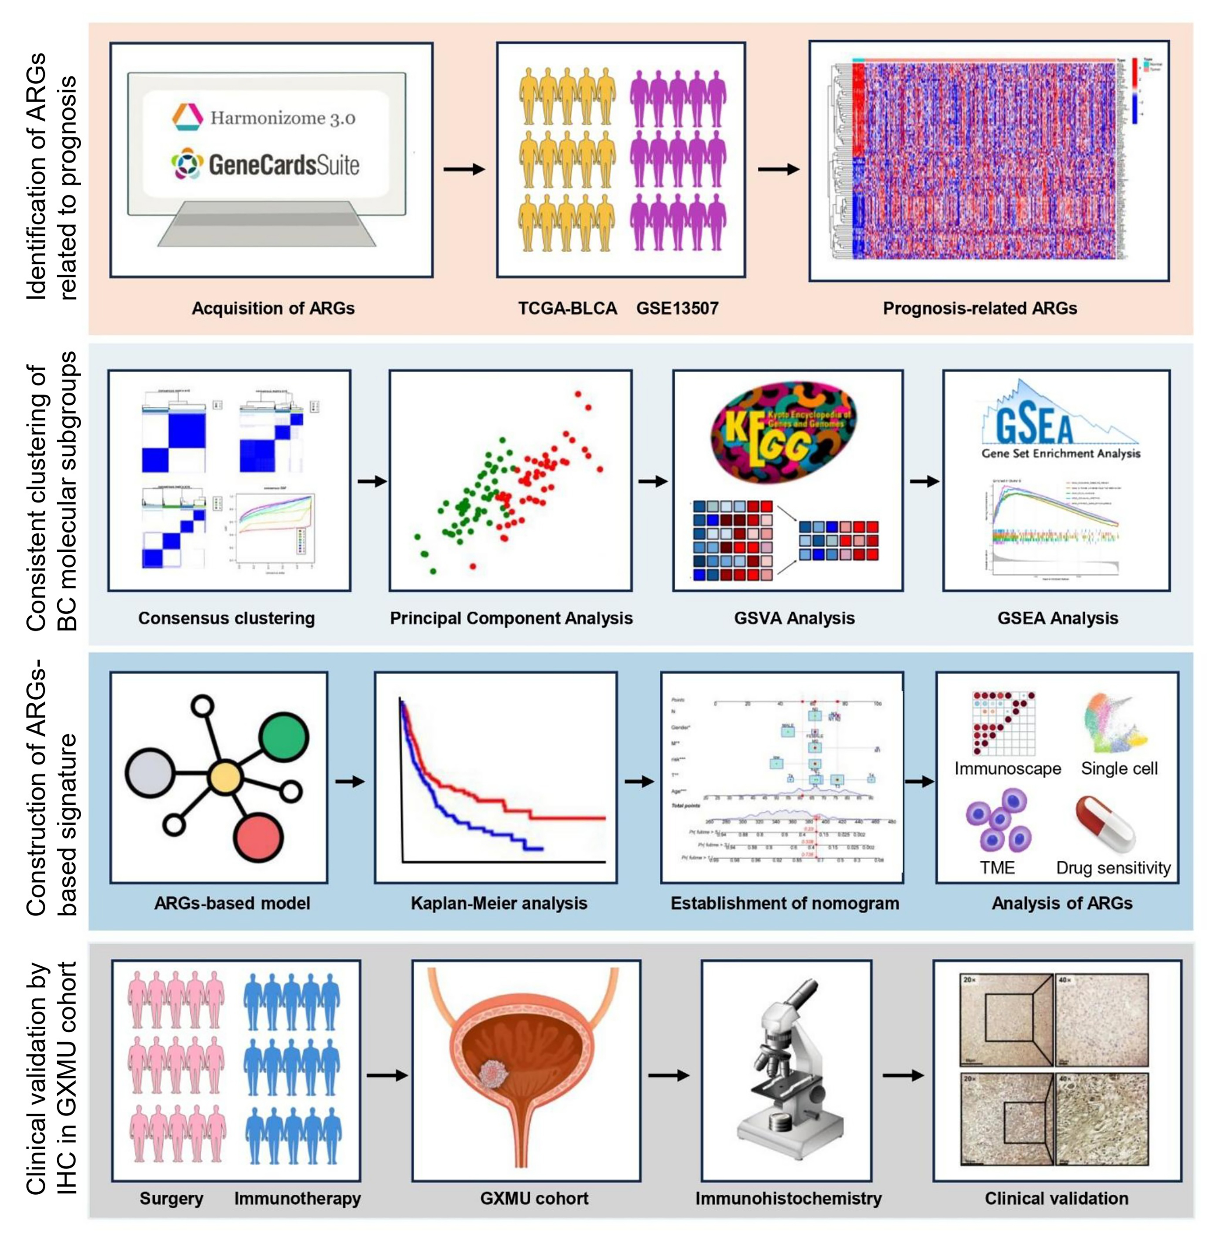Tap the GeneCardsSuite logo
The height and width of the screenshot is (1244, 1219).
pos(265,165)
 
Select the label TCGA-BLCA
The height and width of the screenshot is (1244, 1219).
pos(567,308)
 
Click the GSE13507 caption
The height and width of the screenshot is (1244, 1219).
pos(677,308)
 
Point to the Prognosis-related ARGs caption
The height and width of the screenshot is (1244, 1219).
pos(980,308)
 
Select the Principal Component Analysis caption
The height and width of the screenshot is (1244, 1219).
pos(511,618)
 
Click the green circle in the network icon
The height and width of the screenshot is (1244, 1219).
pos(283,738)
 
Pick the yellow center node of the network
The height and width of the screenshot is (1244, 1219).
pos(225,778)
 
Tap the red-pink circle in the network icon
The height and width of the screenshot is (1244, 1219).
pos(258,837)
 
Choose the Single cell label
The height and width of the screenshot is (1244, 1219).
pos(1119,768)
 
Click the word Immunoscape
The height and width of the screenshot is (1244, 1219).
pos(1007,768)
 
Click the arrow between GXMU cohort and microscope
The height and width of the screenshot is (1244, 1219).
pos(668,1075)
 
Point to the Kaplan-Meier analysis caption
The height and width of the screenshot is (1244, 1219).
pos(499,903)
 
